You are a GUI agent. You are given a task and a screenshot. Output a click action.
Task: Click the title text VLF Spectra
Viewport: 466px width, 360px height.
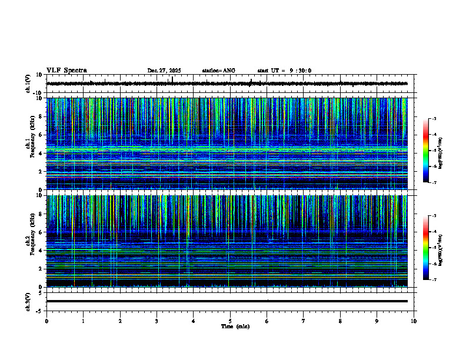tap(66, 71)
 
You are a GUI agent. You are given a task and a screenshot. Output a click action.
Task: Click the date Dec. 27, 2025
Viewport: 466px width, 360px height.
tap(164, 71)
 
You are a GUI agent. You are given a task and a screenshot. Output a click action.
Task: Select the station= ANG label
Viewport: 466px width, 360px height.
tap(218, 71)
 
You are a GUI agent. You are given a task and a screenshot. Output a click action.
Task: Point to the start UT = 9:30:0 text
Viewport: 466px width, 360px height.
tap(284, 71)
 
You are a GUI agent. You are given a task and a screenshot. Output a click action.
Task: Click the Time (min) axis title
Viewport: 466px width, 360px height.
tap(234, 326)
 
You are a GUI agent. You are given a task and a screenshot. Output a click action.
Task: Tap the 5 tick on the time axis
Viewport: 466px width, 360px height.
tap(230, 321)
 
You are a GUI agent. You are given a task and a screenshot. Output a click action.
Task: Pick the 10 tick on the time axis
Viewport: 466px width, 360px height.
tap(414, 321)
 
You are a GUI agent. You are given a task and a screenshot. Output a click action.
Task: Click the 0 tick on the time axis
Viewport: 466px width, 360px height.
tap(46, 321)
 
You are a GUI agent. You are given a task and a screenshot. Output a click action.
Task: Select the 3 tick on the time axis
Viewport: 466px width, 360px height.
tap(157, 321)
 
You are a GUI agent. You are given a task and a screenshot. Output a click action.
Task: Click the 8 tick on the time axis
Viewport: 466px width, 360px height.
tap(340, 321)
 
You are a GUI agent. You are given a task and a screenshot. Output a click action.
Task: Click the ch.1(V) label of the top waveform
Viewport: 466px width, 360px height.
tap(28, 84)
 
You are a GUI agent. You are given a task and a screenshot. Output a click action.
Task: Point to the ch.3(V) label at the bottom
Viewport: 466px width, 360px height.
tap(28, 301)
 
